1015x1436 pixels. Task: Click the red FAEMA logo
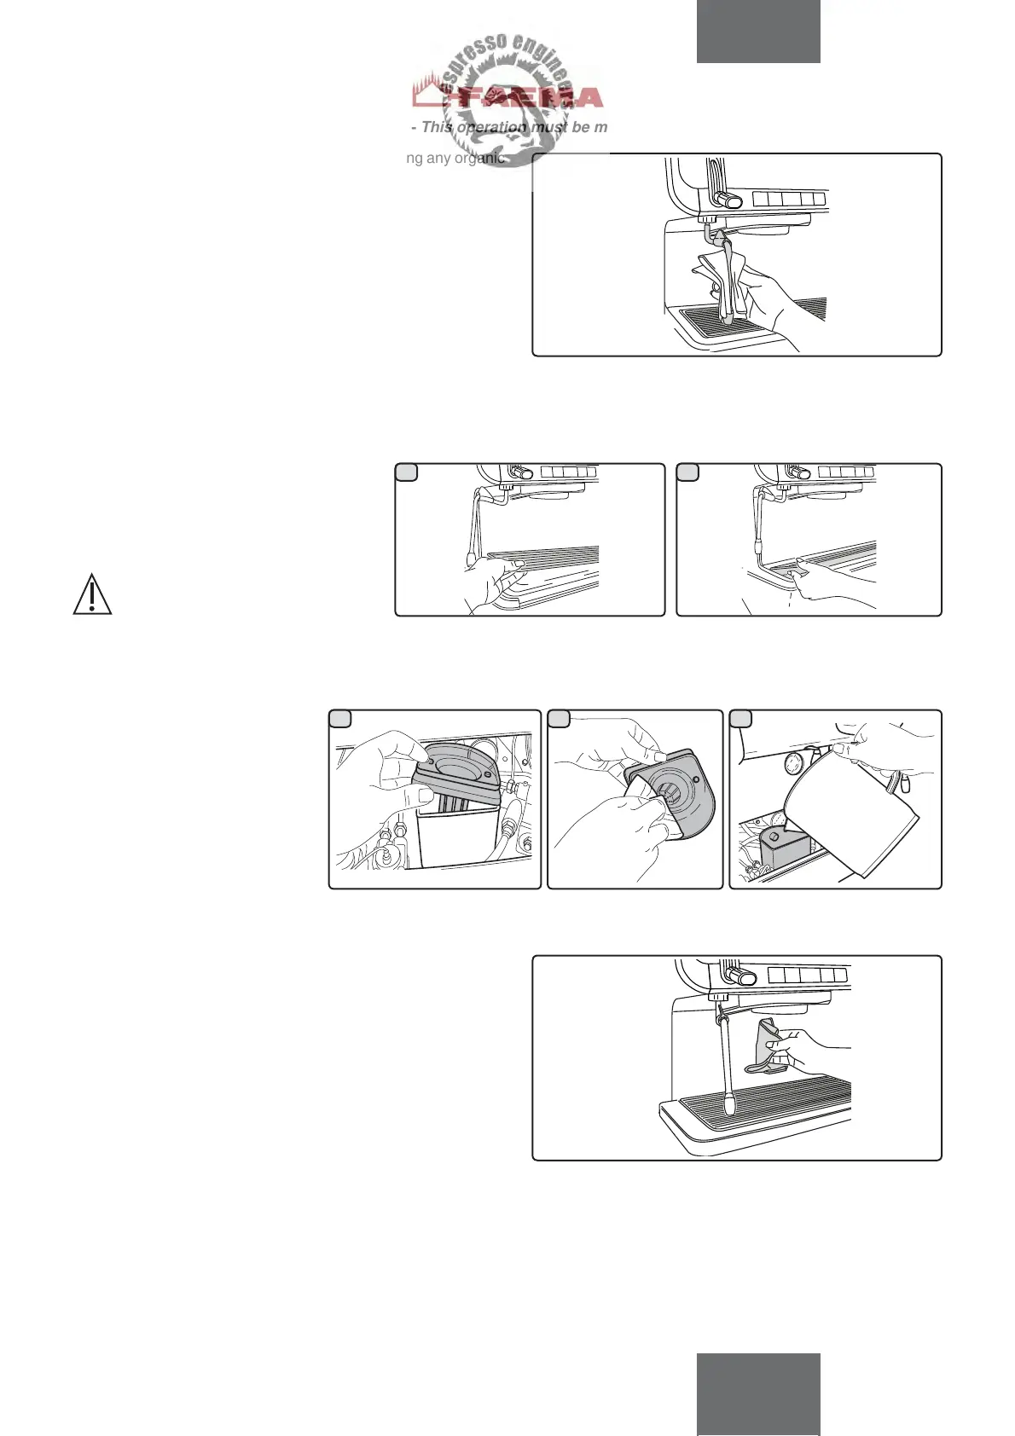click(508, 96)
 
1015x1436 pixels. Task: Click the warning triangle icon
click(92, 594)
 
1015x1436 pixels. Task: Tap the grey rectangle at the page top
click(758, 32)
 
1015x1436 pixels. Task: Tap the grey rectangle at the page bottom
click(758, 1393)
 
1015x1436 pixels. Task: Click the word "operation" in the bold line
click(492, 127)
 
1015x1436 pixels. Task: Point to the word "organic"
click(479, 158)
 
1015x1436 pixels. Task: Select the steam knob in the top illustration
click(728, 200)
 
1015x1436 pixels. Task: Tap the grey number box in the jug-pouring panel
click(741, 719)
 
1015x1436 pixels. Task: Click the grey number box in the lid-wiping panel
click(559, 719)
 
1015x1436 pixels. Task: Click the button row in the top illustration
click(790, 200)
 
